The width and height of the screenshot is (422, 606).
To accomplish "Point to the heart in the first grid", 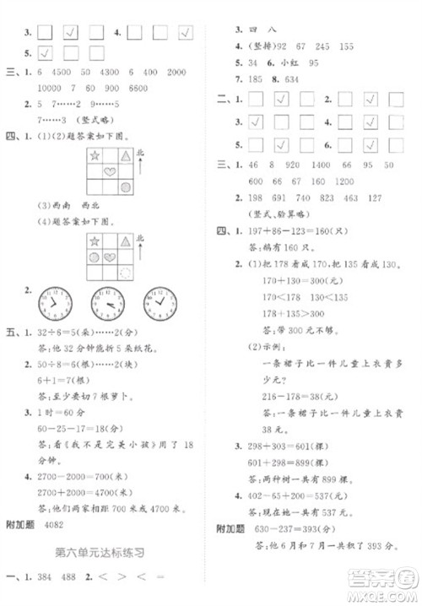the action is (111, 172).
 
